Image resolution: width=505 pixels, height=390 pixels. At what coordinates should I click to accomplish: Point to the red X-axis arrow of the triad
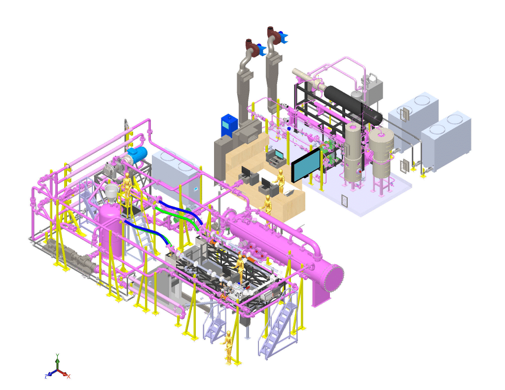67,375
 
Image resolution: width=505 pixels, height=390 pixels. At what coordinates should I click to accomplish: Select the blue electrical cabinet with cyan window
228,125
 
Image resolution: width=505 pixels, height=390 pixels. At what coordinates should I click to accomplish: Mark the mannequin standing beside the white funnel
127,187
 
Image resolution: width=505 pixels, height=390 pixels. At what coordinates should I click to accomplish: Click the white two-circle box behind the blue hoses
176,170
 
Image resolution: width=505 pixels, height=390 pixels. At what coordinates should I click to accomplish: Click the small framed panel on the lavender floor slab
344,200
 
